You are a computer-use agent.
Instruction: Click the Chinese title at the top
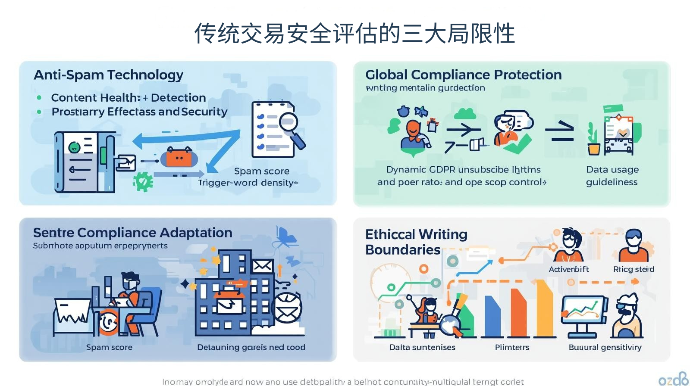click(354, 34)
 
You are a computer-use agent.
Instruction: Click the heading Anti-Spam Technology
click(108, 75)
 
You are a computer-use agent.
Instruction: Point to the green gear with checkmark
click(143, 181)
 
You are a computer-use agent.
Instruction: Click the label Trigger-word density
click(248, 183)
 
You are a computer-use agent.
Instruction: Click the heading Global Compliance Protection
click(463, 75)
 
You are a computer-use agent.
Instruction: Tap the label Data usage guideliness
click(612, 176)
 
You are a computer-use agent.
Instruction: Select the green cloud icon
click(465, 114)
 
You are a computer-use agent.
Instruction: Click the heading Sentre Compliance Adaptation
click(132, 233)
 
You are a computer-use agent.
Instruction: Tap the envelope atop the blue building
click(262, 266)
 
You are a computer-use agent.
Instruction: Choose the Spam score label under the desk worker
click(109, 347)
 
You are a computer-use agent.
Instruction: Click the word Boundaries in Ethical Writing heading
click(402, 250)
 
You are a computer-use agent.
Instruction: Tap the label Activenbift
click(568, 269)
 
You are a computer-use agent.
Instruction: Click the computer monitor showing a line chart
click(583, 311)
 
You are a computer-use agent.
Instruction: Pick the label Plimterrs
click(512, 347)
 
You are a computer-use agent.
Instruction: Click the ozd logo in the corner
click(673, 379)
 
